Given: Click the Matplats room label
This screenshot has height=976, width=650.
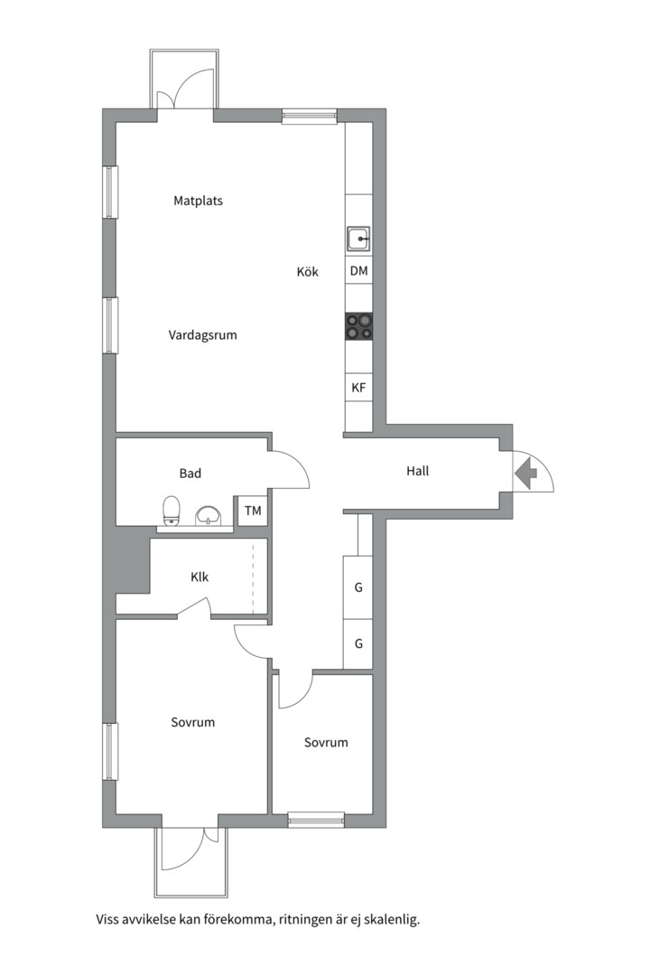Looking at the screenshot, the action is (x=198, y=201).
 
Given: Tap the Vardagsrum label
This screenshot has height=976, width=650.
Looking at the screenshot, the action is (x=203, y=335).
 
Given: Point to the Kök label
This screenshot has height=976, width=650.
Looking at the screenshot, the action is (x=307, y=271).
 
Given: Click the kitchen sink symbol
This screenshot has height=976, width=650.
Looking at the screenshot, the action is (x=359, y=239).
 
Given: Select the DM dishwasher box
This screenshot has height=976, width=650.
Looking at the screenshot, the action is (x=359, y=271).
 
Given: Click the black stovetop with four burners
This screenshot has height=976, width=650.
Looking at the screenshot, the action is (x=359, y=326).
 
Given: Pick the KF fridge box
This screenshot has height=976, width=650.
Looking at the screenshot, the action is (x=359, y=388).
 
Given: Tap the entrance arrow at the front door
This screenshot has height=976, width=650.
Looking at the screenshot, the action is (x=526, y=471).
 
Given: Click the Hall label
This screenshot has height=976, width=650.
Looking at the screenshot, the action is (x=418, y=471).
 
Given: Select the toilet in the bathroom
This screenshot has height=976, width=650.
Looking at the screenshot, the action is (x=171, y=511).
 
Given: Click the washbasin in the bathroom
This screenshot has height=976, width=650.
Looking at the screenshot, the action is (x=208, y=516).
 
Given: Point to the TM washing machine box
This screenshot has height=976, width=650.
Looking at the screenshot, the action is (x=253, y=511).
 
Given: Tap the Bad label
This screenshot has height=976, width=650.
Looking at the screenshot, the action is (x=190, y=474).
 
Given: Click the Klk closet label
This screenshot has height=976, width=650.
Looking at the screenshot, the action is (x=200, y=577).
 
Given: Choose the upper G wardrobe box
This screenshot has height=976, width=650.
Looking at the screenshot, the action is (x=358, y=587).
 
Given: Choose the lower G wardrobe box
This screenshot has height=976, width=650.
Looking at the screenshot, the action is (x=358, y=643).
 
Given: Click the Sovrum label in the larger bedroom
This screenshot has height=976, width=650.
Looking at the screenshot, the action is (x=193, y=722).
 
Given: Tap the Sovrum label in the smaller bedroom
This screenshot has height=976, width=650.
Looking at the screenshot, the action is (x=326, y=743).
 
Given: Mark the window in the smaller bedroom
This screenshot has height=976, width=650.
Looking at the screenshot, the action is (x=317, y=821).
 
